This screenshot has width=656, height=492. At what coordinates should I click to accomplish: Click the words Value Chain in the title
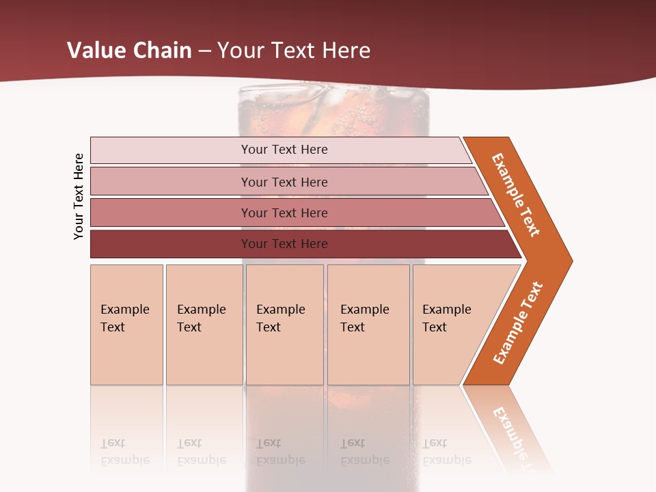[130, 51]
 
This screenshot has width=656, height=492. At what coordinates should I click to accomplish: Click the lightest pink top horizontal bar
[171, 150]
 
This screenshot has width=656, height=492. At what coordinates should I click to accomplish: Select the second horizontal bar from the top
[171, 182]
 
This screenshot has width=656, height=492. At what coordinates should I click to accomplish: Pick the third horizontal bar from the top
[171, 213]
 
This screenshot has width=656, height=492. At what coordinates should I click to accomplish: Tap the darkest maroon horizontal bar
[171, 244]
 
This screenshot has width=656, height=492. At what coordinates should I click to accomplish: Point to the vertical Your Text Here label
[79, 196]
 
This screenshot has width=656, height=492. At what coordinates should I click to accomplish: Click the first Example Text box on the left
[126, 325]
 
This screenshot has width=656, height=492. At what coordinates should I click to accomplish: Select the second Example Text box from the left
[204, 325]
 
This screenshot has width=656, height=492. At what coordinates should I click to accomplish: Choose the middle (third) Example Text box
[284, 325]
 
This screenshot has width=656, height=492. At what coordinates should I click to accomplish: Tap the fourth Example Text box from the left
[368, 325]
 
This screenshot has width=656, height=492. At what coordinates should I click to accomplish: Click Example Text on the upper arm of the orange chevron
[516, 194]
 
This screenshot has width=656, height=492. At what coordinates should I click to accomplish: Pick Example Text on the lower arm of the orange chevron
[518, 323]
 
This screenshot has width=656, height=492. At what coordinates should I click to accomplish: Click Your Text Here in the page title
[294, 51]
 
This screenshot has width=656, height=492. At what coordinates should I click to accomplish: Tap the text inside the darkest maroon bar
[284, 244]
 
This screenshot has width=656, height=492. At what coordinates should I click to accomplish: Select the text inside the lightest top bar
[284, 150]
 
